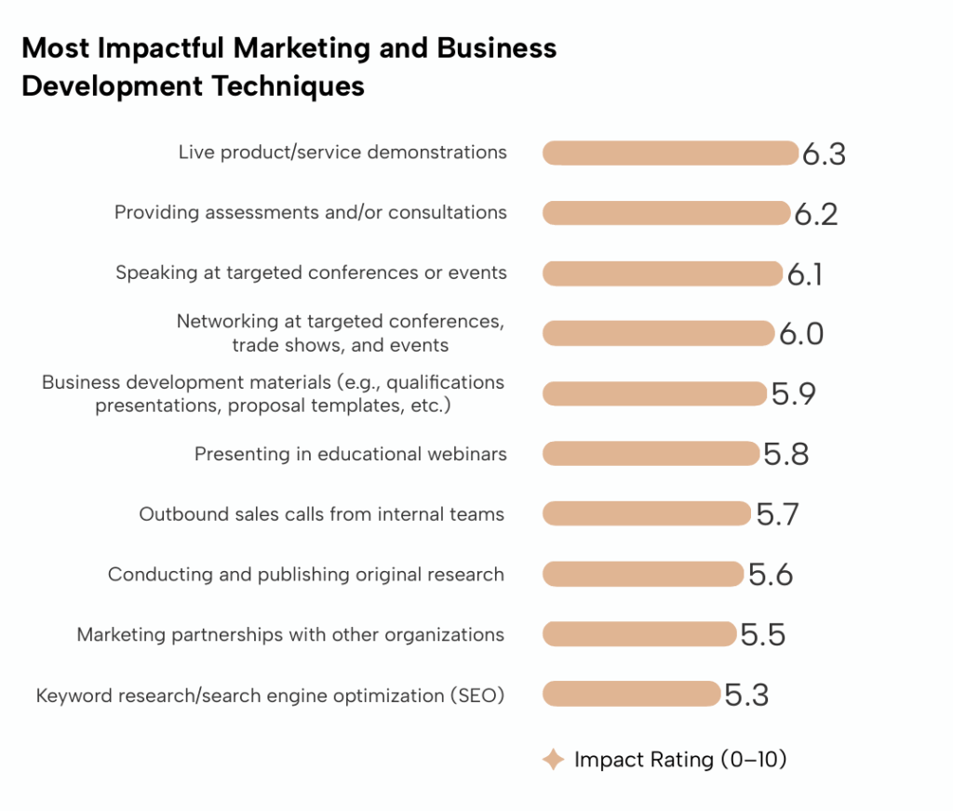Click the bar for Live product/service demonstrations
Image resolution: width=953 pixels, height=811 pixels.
pos(670,153)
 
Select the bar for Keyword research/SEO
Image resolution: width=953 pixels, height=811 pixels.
pos(631,694)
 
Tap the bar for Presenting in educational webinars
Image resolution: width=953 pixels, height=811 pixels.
pos(651,454)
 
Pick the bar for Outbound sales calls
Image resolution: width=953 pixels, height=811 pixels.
pos(646,513)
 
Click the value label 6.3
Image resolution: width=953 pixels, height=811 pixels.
pos(824,154)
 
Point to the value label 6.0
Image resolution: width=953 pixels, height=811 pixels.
pos(801,334)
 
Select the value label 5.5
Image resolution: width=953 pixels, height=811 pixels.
pos(763,635)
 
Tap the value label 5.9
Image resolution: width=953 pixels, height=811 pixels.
pos(793,394)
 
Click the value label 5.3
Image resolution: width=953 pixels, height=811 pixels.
pos(746,695)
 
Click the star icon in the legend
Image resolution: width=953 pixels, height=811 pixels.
pos(554,760)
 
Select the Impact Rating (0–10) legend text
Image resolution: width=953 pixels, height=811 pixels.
pos(680,760)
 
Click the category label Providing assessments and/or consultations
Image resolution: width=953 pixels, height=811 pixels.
pos(311,213)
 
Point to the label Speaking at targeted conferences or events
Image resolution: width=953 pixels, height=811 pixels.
pos(311,273)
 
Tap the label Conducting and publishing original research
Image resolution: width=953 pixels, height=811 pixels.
pos(306,575)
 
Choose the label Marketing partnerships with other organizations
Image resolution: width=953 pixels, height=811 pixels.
pos(290,635)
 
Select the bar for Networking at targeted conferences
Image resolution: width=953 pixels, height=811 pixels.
pos(658,333)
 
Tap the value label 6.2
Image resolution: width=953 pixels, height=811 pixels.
pos(816,214)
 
